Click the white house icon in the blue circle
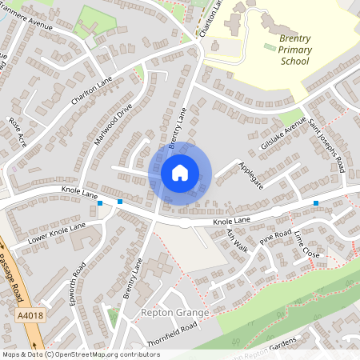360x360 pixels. click(x=179, y=172)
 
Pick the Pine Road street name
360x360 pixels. click(x=275, y=238)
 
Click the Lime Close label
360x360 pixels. click(x=306, y=243)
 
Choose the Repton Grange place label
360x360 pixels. click(x=174, y=311)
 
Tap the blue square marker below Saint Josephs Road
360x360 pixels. click(x=316, y=203)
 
